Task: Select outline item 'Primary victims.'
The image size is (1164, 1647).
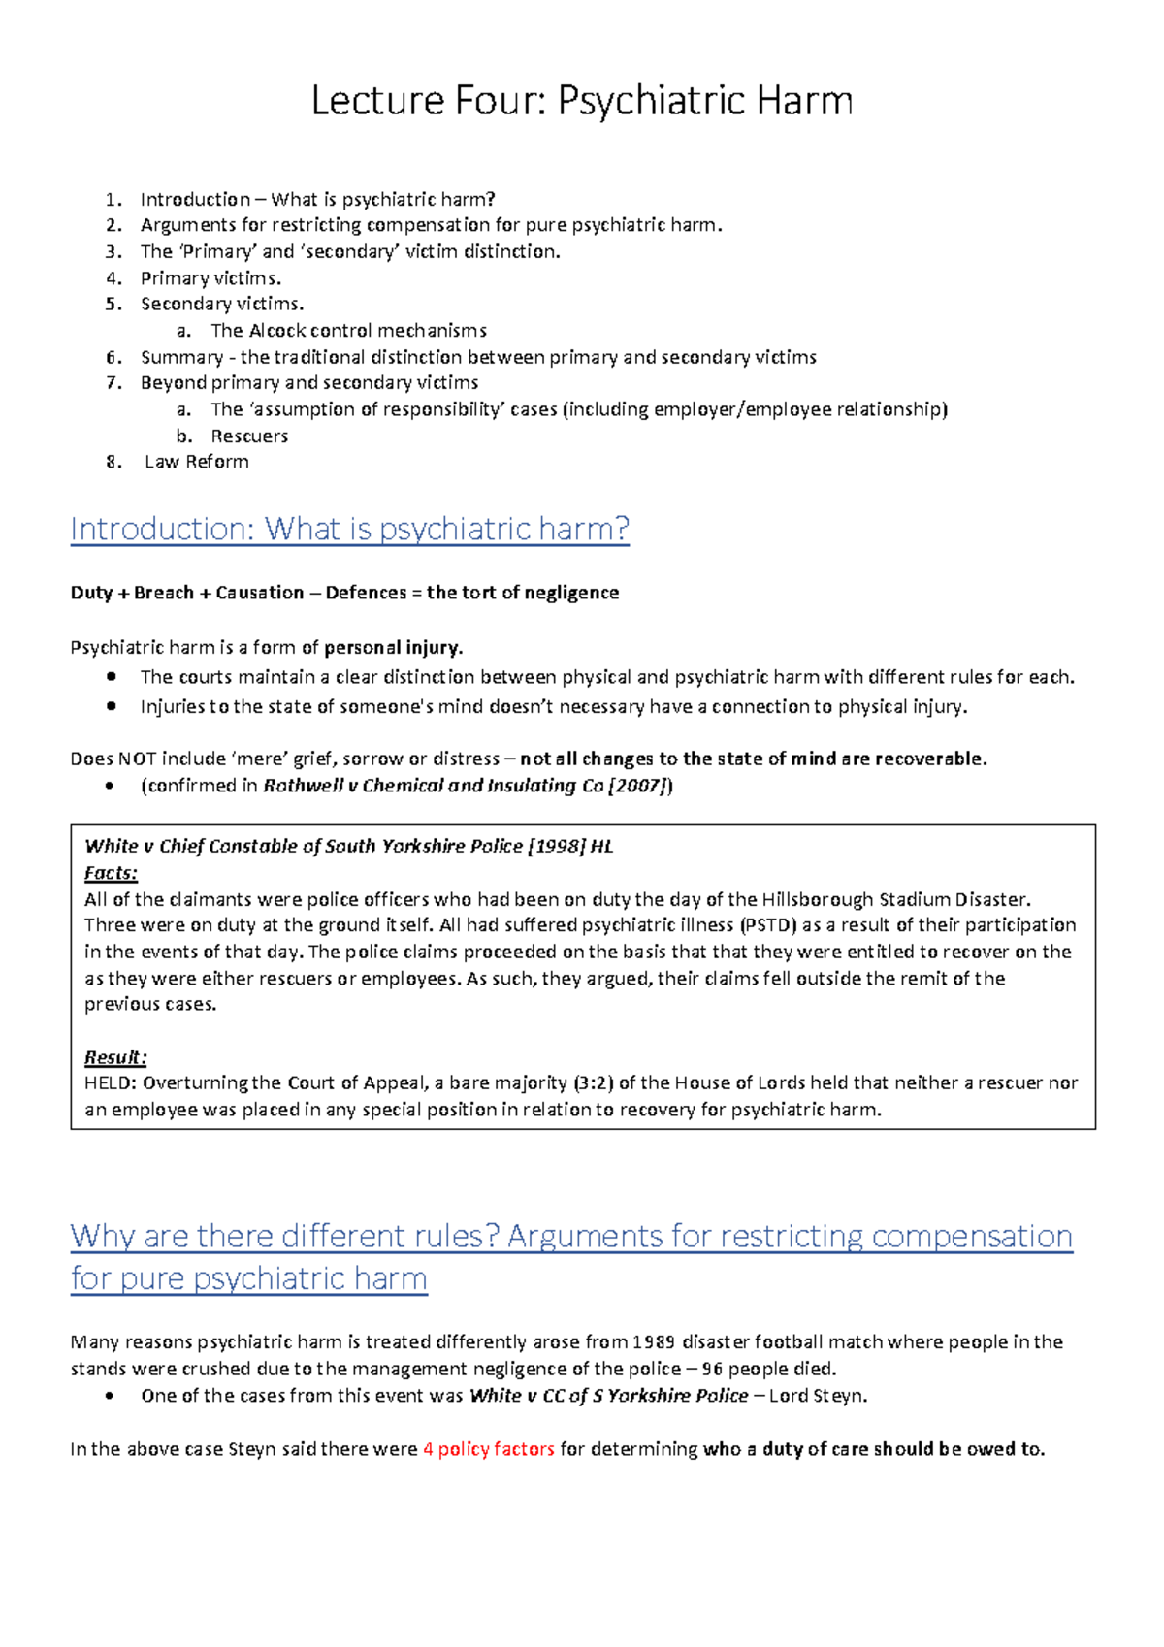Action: click(210, 278)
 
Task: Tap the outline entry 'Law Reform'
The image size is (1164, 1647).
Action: click(197, 462)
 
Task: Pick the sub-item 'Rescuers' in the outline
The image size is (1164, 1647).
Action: click(249, 436)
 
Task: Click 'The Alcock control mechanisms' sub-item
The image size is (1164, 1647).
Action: click(348, 331)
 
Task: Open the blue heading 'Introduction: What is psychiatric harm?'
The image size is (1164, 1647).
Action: click(350, 529)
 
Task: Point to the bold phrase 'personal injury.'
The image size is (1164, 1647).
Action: click(394, 647)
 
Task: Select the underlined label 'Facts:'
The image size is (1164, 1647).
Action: click(111, 873)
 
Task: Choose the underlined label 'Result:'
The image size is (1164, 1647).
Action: click(115, 1057)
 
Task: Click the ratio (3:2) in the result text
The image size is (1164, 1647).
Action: click(593, 1082)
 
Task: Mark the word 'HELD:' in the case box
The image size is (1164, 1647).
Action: click(111, 1082)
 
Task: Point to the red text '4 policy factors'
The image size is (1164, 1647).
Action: click(489, 1449)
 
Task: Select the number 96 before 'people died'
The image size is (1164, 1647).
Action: click(712, 1369)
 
